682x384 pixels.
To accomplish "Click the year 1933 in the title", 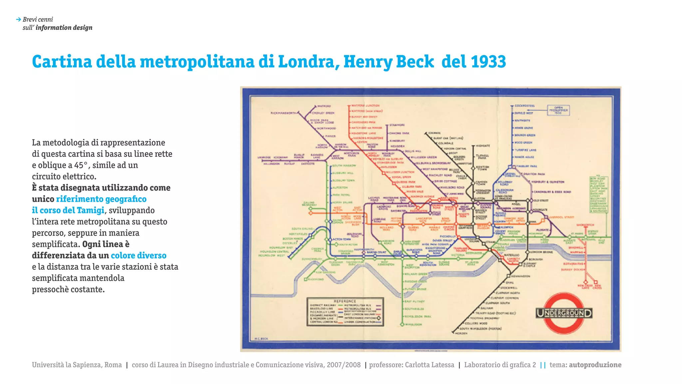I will point(488,62).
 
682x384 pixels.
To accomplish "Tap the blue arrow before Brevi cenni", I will point(18,20).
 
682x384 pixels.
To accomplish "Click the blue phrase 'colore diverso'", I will point(139,256).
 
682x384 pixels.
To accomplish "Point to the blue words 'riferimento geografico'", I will point(101,199).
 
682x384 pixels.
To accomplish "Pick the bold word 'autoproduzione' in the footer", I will point(595,365).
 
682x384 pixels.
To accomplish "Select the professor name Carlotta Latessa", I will point(430,365).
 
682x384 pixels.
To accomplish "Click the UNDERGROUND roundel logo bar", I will point(564,313).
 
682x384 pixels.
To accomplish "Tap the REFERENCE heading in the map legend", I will point(345,301).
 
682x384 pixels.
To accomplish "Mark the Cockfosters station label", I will point(524,106).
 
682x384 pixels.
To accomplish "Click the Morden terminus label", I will point(461,333).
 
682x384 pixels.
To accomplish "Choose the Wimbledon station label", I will point(414,324).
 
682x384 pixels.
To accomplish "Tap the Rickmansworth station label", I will point(283,113).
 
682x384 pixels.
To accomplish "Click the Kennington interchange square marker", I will point(509,276).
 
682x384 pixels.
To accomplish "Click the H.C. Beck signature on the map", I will point(261,339).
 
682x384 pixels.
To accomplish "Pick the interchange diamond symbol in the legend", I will point(378,318).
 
